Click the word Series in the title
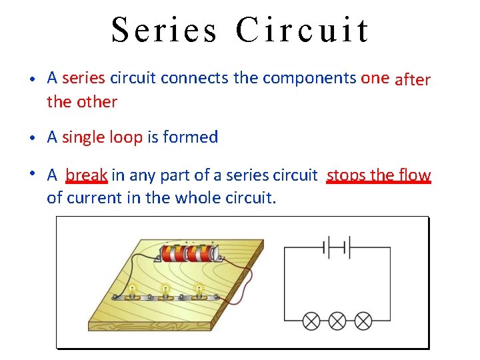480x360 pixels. pyautogui.click(x=164, y=30)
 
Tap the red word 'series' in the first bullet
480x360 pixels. pyautogui.click(x=83, y=78)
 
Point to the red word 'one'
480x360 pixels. pyautogui.click(x=375, y=78)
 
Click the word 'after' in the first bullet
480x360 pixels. pyautogui.click(x=413, y=80)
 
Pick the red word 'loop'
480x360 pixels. pyautogui.click(x=125, y=137)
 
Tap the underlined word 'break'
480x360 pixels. pyautogui.click(x=87, y=175)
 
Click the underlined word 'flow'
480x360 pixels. pyautogui.click(x=415, y=175)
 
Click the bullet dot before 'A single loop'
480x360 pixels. pyautogui.click(x=33, y=137)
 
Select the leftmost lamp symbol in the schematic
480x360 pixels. pyautogui.click(x=311, y=321)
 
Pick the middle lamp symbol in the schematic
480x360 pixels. pyautogui.click(x=337, y=321)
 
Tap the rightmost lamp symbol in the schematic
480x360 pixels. pyautogui.click(x=363, y=321)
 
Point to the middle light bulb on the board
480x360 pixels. pyautogui.click(x=165, y=289)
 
